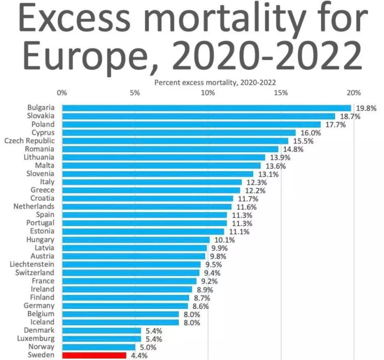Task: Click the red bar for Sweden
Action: tap(94, 355)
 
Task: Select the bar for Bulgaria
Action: tap(206, 108)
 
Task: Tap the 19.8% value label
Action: tap(366, 108)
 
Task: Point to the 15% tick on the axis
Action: tap(281, 93)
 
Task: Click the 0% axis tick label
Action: tap(62, 93)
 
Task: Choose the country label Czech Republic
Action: tap(30, 141)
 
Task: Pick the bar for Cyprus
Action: tap(179, 133)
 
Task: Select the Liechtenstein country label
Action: tap(32, 264)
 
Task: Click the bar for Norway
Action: tap(99, 347)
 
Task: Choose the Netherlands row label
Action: tap(34, 207)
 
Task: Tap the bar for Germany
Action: tap(125, 306)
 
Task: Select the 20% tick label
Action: tap(354, 93)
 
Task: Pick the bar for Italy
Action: tap(152, 182)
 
